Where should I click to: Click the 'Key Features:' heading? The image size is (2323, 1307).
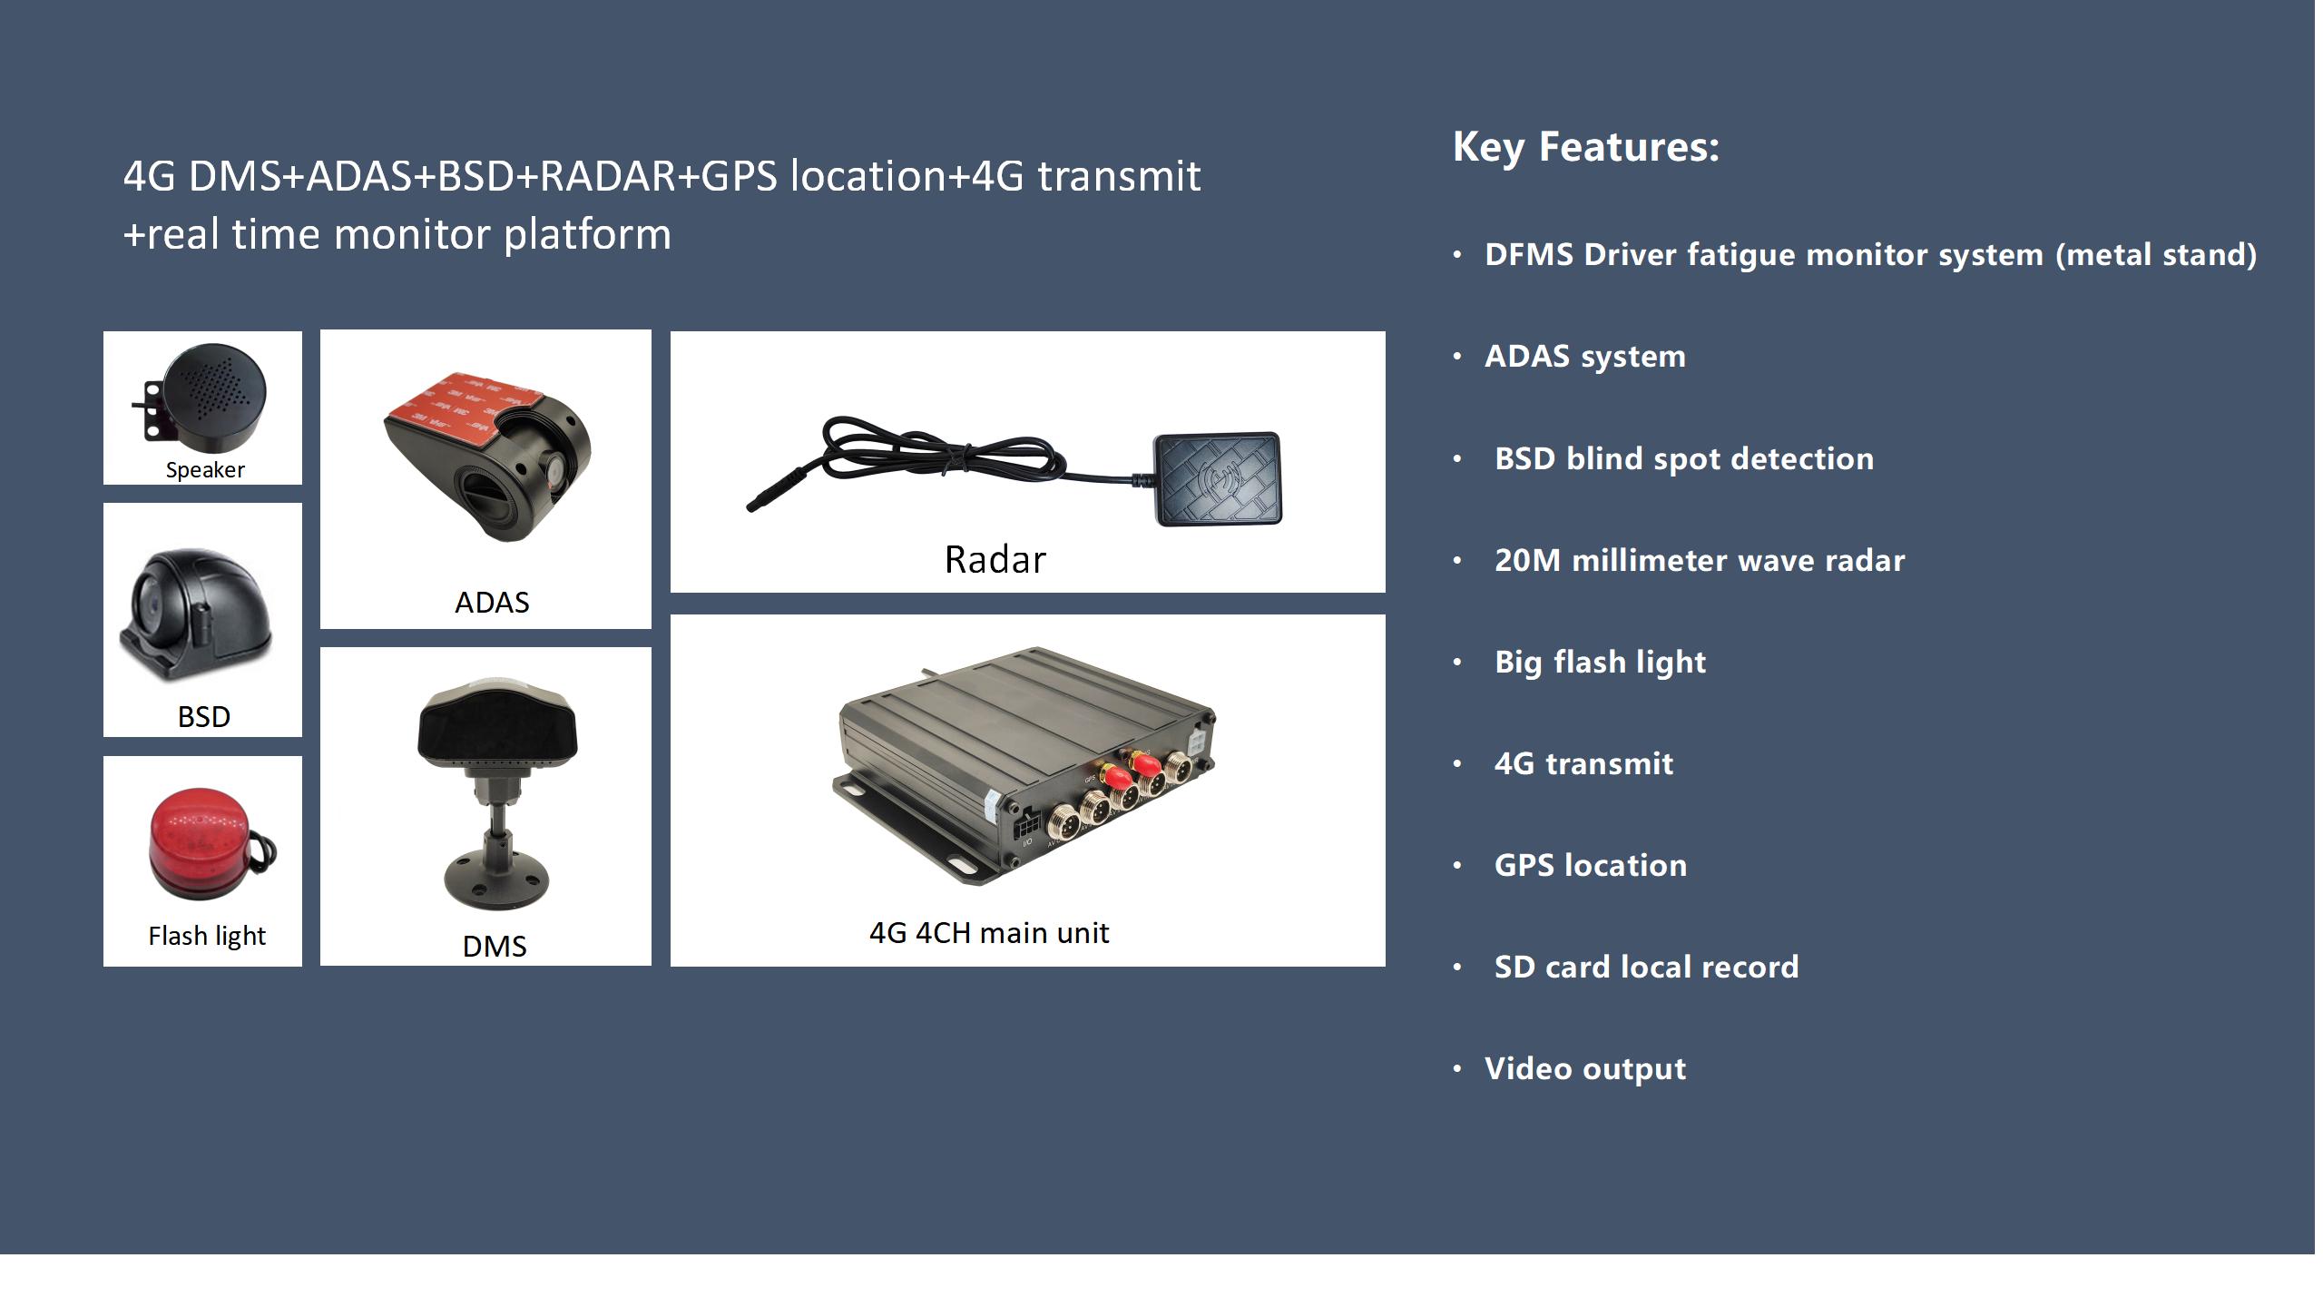point(1585,147)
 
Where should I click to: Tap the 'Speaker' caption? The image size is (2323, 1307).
point(205,470)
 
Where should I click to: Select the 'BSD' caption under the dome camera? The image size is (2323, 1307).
point(204,717)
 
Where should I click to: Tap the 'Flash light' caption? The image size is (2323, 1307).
point(207,936)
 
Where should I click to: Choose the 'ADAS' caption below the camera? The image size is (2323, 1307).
point(492,603)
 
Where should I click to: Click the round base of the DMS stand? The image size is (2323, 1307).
point(496,878)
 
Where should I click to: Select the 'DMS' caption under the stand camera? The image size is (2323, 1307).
point(495,947)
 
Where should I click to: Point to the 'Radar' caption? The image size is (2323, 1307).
point(995,560)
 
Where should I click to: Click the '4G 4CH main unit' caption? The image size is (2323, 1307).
point(989,933)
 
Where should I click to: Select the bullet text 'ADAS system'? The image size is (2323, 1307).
point(1585,357)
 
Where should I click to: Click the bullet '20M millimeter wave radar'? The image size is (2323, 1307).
point(1700,561)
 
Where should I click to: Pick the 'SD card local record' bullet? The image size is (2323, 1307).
point(1646,968)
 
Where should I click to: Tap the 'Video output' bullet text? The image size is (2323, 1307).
point(1585,1069)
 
